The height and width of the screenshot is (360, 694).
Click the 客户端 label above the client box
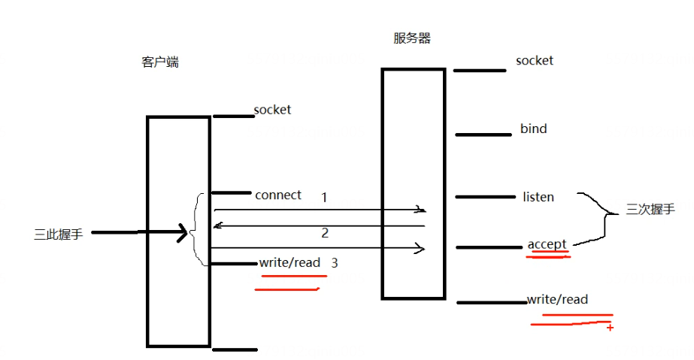tap(160, 62)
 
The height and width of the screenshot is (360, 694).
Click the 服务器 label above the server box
tap(412, 38)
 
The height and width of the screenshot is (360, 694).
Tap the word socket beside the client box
tap(272, 110)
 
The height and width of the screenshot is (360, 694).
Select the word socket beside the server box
tap(535, 60)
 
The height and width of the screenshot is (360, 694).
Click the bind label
tap(533, 129)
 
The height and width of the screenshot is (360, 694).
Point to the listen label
tap(538, 197)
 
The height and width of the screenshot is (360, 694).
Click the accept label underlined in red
tap(547, 244)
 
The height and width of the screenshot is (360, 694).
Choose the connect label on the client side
tap(278, 195)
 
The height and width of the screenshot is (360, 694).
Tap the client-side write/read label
tap(289, 262)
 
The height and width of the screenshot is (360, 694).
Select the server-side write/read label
tap(557, 299)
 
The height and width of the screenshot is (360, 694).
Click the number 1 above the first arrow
tap(324, 197)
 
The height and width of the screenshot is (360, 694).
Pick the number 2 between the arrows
tap(325, 233)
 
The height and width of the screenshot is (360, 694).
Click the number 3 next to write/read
tap(335, 263)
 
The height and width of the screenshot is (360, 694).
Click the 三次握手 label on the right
tap(650, 210)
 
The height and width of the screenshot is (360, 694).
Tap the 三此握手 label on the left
tap(59, 234)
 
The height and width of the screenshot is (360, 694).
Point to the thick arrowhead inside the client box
tap(181, 233)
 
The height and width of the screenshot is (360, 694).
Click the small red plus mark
tap(610, 328)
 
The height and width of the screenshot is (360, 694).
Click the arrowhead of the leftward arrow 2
tap(217, 225)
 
